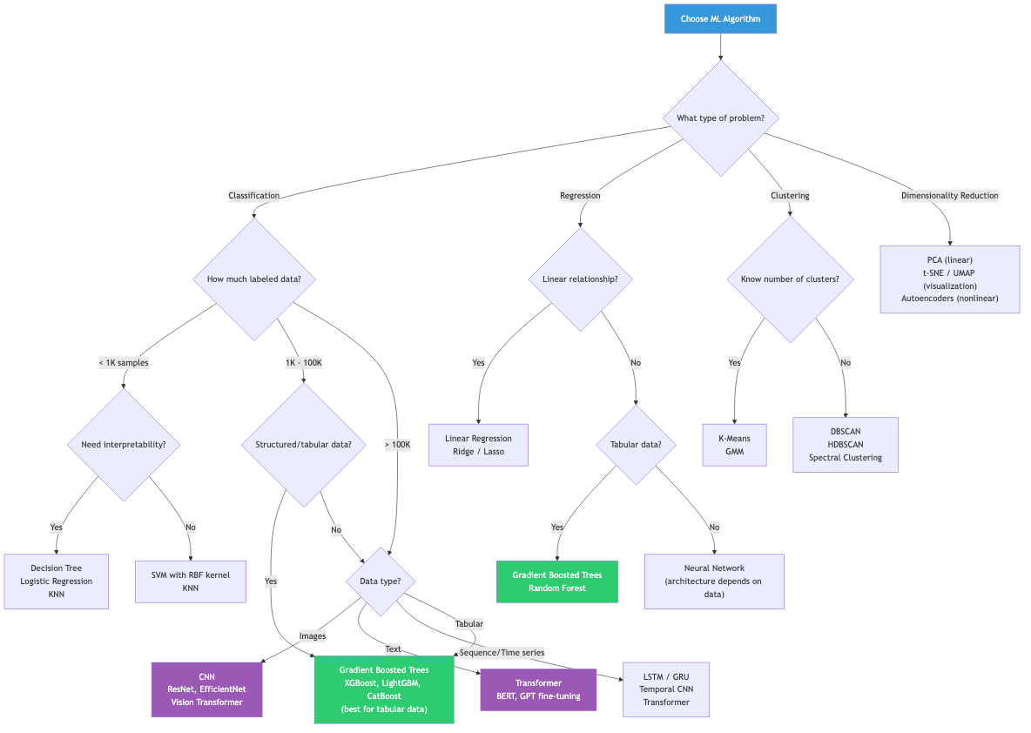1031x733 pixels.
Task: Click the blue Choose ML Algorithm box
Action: tap(720, 18)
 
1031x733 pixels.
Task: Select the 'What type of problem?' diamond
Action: tap(720, 118)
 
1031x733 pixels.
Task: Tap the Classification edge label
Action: tap(253, 196)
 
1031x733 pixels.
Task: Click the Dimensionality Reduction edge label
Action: tap(949, 196)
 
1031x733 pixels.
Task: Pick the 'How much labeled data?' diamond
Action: tap(253, 279)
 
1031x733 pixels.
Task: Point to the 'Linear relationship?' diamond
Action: tap(580, 279)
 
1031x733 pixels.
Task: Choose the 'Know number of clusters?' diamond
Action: tap(790, 279)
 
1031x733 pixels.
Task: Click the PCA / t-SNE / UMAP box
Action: tap(949, 279)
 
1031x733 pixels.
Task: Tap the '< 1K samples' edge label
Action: tap(123, 363)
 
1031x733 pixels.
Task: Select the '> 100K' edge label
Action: tap(397, 445)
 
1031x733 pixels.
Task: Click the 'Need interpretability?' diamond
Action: tap(123, 445)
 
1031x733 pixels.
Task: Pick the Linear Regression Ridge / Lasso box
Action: tap(478, 445)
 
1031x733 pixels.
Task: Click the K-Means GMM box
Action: tap(735, 445)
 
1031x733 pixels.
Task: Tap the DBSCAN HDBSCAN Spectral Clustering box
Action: tap(845, 445)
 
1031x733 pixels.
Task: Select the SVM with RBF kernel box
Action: tap(191, 582)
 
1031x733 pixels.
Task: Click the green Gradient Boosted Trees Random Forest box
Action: tap(557, 582)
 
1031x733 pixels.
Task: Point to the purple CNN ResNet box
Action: tap(206, 689)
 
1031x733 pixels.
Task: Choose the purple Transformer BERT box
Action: tap(538, 689)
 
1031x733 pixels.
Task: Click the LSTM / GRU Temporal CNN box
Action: tap(666, 689)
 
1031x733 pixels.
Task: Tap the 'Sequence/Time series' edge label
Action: tap(502, 652)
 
